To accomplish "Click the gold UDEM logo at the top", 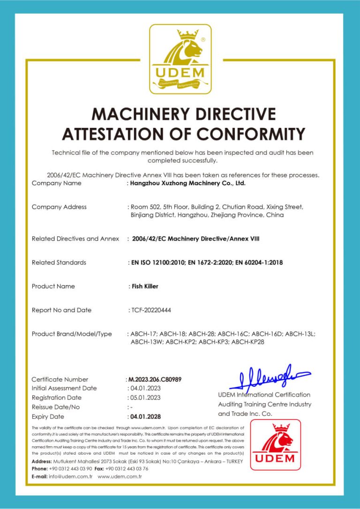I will click(180, 59).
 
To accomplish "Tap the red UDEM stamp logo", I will click(276, 444).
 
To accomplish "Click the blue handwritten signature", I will click(267, 378).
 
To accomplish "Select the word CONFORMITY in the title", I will click(250, 134).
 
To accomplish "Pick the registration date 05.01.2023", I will click(145, 398).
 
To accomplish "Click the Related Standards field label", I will click(59, 262).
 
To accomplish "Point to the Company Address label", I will click(59, 207).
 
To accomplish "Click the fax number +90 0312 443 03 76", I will click(127, 468).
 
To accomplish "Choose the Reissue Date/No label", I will click(56, 407).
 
